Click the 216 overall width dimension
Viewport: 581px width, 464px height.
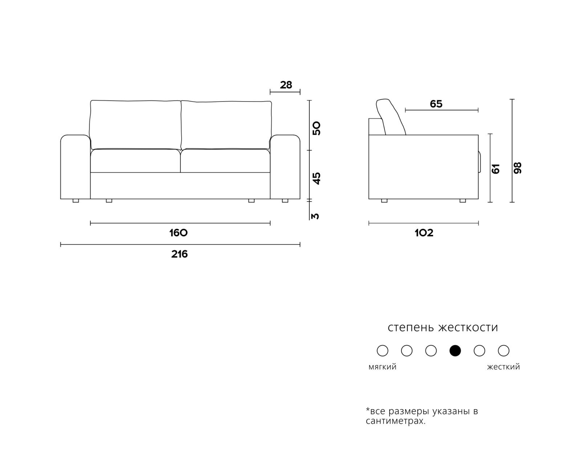click(179, 254)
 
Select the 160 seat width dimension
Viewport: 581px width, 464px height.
click(178, 233)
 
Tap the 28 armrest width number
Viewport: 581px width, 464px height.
click(286, 85)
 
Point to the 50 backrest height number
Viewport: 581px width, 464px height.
click(316, 128)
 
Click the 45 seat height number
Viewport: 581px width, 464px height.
click(316, 178)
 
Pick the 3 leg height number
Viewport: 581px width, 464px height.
click(315, 216)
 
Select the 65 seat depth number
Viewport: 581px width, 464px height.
click(436, 104)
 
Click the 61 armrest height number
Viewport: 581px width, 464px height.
click(496, 169)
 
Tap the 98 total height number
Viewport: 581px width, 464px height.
click(517, 168)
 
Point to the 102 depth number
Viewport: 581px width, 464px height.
click(424, 233)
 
